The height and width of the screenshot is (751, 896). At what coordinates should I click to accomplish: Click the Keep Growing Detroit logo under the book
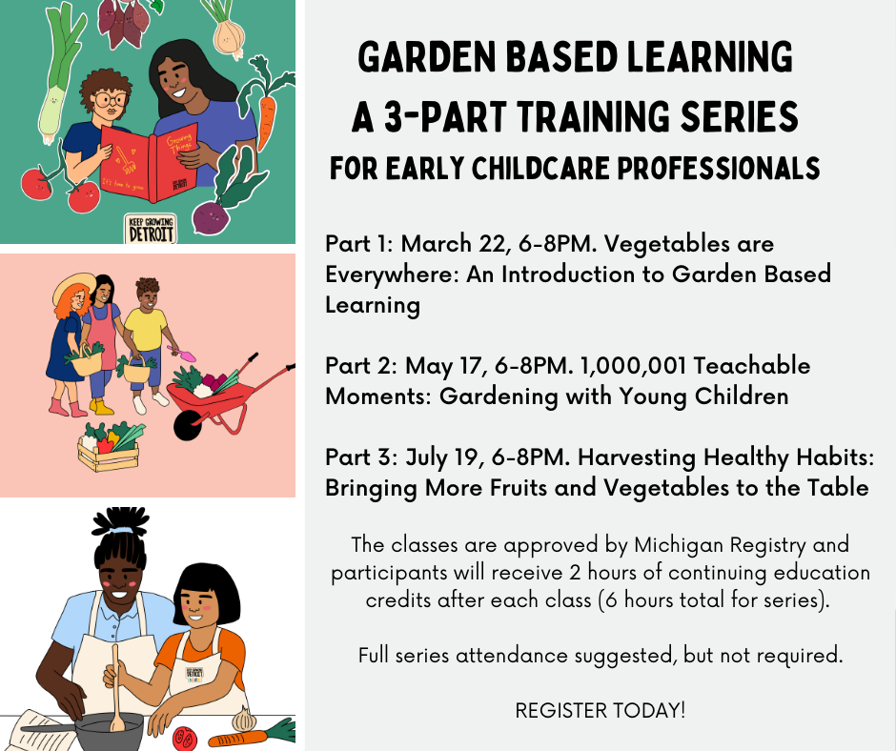151,229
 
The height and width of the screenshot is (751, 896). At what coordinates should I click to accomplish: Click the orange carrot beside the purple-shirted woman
266,110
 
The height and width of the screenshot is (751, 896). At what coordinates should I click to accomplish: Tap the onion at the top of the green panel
230,32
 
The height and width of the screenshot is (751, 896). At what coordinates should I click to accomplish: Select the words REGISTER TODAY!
600,711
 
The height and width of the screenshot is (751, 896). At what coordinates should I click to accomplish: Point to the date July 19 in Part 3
444,457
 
